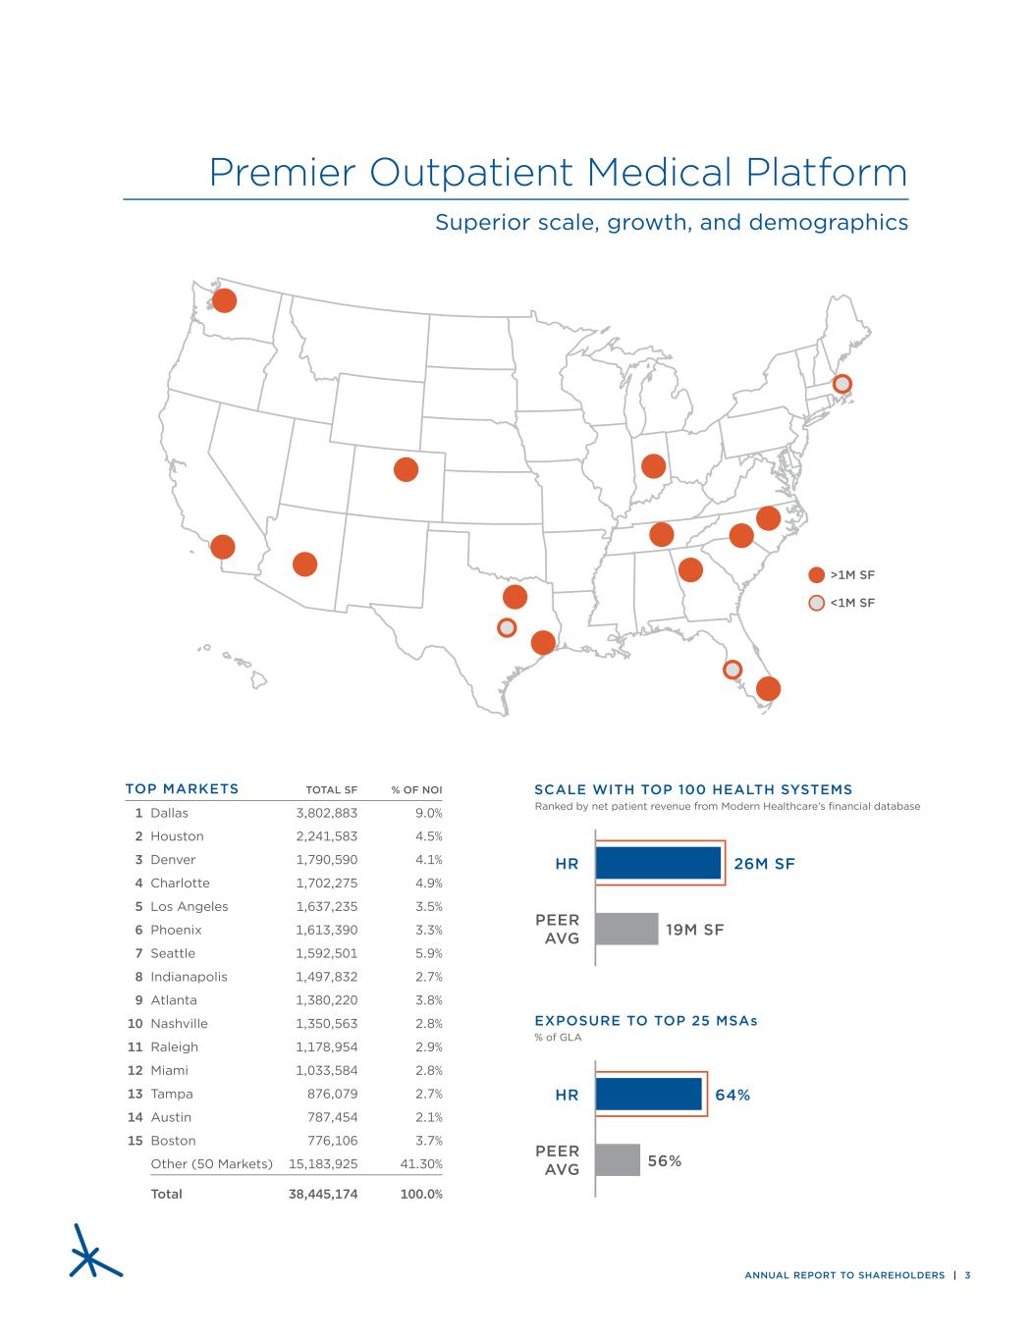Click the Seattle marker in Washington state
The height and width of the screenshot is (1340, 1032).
point(224,300)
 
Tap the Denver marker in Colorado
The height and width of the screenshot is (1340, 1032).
point(406,470)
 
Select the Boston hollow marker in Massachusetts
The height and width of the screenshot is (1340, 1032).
point(842,384)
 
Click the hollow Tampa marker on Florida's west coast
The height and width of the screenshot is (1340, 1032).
point(733,670)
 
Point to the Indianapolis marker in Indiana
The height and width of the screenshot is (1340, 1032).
point(653,465)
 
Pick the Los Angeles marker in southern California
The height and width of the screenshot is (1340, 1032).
point(223,547)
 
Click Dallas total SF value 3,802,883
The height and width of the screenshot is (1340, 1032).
point(326,813)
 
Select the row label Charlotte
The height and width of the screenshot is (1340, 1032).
point(180,883)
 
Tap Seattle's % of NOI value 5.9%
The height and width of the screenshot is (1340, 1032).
point(429,953)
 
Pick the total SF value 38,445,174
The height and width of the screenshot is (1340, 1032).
point(322,1194)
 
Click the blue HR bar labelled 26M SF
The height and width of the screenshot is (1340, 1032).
point(658,863)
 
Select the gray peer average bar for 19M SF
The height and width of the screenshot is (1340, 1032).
point(626,929)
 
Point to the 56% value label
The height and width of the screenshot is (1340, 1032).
point(664,1160)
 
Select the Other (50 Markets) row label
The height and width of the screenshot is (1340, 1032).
point(211,1164)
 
